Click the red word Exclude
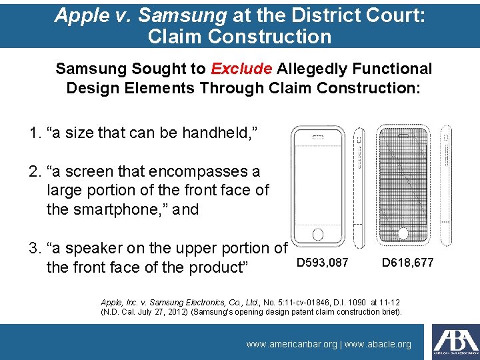(x=241, y=69)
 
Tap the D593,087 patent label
(x=322, y=263)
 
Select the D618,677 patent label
(x=407, y=263)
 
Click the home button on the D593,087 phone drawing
(x=318, y=234)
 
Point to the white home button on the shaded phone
(x=403, y=233)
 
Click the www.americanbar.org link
(x=291, y=344)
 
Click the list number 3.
(x=35, y=249)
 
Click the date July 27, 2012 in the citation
(x=155, y=311)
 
